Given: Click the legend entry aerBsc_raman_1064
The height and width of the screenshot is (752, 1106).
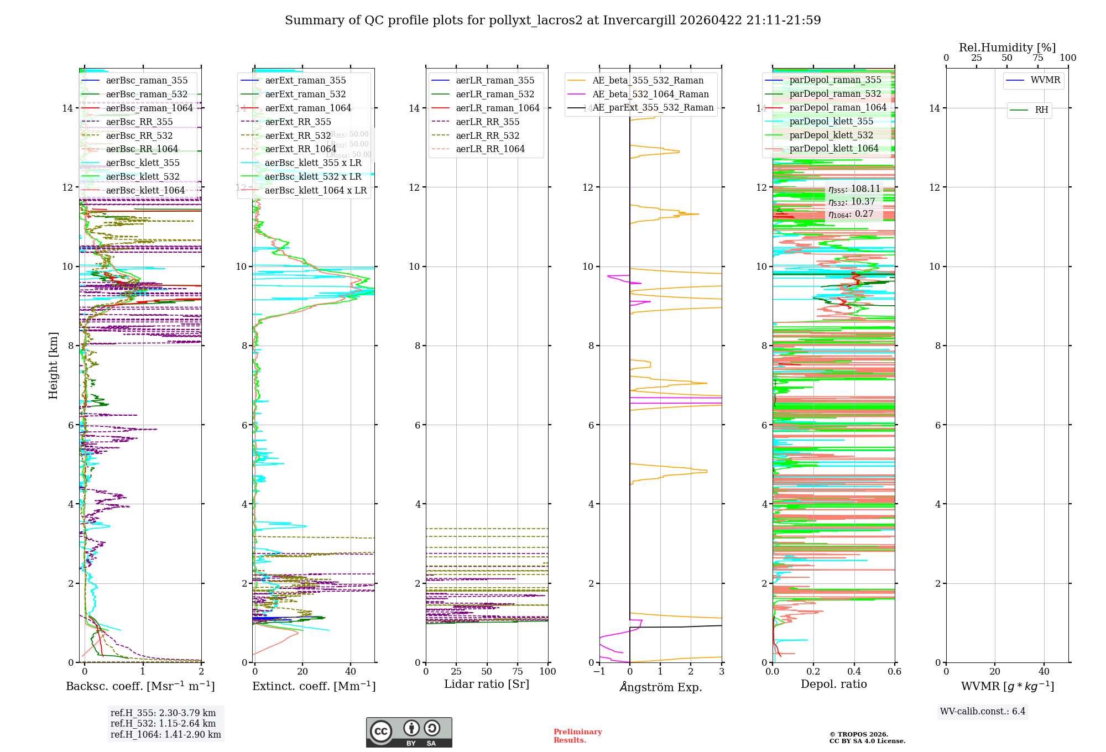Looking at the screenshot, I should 149,108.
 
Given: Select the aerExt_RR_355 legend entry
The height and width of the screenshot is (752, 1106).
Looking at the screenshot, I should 298,122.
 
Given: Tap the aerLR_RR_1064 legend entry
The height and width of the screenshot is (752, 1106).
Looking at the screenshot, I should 490,149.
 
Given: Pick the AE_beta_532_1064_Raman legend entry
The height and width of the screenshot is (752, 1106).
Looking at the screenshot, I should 650,94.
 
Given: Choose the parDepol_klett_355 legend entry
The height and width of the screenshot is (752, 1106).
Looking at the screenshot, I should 831,121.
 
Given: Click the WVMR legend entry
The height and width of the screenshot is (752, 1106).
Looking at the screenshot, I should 1045,80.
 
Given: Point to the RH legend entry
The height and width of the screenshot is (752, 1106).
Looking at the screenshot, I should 1041,109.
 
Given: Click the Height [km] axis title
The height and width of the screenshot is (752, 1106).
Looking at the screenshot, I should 53,365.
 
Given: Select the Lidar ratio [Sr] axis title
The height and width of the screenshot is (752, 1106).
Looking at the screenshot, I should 487,684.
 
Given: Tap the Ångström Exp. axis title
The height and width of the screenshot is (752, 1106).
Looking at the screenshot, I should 660,687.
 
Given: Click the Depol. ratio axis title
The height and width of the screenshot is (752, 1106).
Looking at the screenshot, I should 833,684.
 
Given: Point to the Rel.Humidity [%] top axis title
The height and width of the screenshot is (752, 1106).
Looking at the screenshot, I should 1007,48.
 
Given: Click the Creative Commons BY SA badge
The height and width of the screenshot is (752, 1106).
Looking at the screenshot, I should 409,732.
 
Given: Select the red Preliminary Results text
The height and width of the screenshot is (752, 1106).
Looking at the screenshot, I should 577,735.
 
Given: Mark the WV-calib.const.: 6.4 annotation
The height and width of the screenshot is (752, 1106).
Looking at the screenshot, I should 982,711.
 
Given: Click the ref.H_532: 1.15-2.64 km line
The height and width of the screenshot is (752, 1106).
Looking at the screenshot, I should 163,723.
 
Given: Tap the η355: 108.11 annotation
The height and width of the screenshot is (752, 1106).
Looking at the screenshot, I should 854,189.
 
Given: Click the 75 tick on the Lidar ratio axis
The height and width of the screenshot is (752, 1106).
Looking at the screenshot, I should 518,671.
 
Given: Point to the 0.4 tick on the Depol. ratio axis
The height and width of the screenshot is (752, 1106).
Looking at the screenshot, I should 854,671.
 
